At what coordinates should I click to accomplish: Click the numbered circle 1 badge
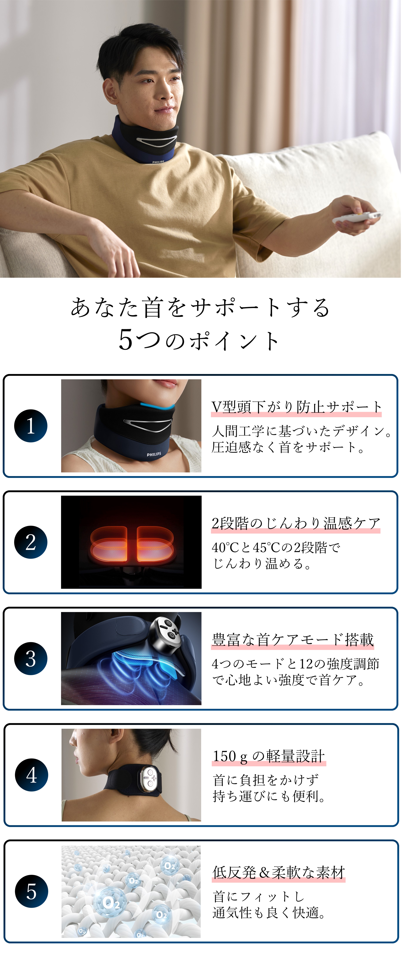coord(31,426)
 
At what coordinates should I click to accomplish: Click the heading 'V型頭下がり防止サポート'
coord(296,407)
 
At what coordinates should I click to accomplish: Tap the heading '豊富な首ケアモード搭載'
coord(292,640)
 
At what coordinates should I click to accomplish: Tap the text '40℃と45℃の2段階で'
coord(276,547)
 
